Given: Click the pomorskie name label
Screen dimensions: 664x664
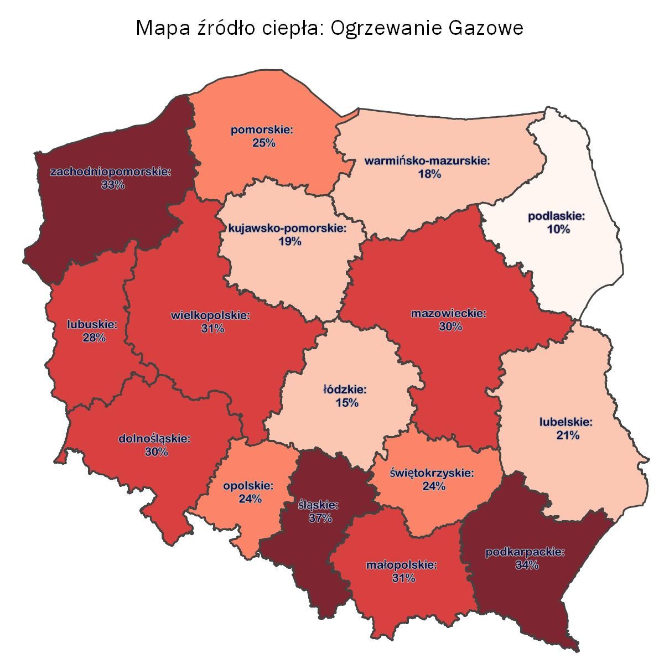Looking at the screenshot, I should (x=262, y=131).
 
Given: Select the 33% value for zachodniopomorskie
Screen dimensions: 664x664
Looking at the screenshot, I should (x=113, y=185).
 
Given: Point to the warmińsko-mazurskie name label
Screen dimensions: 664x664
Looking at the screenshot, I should (x=428, y=161).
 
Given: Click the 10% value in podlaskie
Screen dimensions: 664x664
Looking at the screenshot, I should (x=558, y=229).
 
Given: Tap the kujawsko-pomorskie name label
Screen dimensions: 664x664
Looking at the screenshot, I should (x=287, y=228).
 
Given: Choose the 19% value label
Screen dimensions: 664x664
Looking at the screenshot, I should (x=289, y=241).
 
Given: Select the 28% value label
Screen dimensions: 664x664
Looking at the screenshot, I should (x=94, y=337).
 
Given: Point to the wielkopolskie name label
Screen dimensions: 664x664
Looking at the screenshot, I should (x=211, y=315).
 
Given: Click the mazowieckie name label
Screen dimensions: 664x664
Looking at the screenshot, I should (x=449, y=314).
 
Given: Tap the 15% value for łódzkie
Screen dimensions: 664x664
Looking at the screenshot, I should (x=347, y=402).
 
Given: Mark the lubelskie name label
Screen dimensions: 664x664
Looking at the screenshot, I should (x=566, y=422).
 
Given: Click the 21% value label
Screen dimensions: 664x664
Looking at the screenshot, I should (x=568, y=435).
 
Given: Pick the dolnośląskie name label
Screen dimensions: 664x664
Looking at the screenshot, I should (x=155, y=439).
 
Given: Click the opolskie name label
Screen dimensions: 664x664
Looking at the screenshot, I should (x=248, y=486).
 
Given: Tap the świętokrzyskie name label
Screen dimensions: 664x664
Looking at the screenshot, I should (x=432, y=473).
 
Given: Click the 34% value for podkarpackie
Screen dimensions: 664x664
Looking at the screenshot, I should (x=526, y=565).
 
